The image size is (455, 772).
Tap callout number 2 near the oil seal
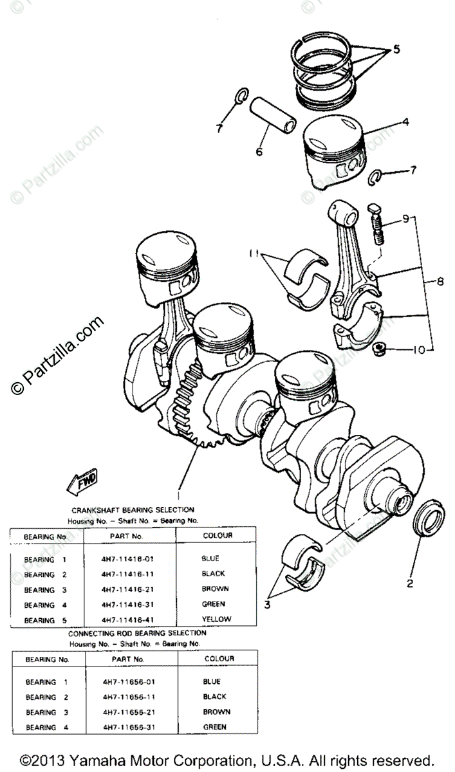pos(409,584)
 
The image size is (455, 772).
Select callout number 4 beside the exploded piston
pos(405,120)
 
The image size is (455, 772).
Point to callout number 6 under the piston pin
pos(259,152)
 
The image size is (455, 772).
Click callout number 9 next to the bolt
pos(405,218)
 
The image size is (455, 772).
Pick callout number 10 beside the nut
pos(419,351)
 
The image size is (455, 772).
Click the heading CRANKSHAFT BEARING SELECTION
pos(133,510)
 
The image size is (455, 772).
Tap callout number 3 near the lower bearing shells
pos(267,605)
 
